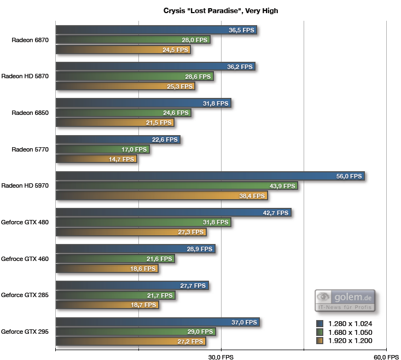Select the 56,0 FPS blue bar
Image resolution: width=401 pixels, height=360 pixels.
tap(210, 176)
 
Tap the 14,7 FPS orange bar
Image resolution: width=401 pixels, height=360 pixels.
tap(96, 159)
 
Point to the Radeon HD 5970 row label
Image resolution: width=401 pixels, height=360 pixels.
tap(25, 185)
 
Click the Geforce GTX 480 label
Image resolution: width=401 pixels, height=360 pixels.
tap(25, 222)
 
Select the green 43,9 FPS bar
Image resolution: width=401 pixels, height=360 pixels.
tap(177, 186)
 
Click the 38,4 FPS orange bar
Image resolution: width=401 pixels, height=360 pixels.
tap(162, 196)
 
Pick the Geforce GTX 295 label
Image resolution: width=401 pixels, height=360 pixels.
tap(25, 332)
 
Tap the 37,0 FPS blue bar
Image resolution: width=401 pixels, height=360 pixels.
tap(157, 322)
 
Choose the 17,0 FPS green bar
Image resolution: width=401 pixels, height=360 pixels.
tap(102, 149)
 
